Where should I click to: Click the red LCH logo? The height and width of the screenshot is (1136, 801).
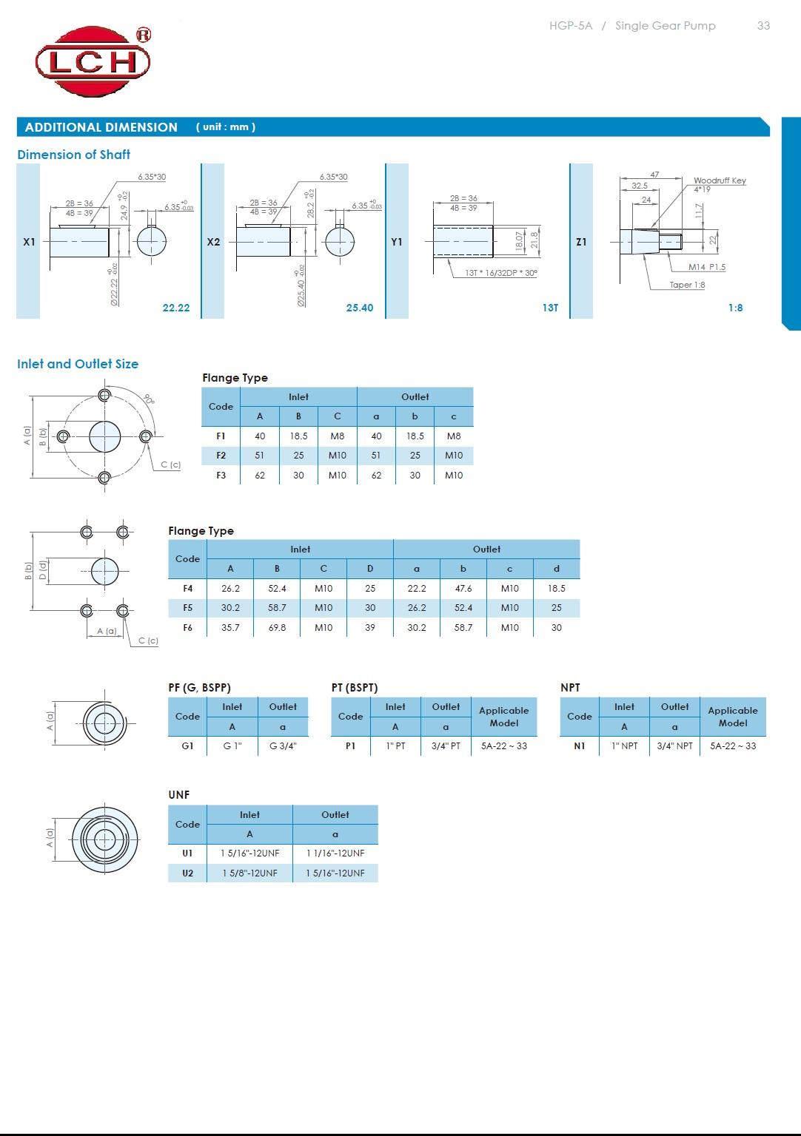click(x=93, y=61)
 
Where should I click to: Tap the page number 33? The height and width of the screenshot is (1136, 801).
click(x=763, y=26)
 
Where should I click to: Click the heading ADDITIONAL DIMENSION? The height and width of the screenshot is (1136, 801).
click(x=101, y=127)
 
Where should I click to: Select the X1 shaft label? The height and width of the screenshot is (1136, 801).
click(x=29, y=242)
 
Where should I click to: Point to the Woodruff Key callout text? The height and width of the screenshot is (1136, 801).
click(x=719, y=180)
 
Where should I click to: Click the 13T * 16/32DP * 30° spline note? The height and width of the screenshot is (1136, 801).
click(x=500, y=273)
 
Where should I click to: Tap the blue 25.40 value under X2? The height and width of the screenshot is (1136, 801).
click(x=360, y=308)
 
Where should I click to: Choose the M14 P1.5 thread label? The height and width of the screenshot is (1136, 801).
click(x=706, y=267)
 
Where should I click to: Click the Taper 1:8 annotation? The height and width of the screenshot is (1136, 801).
click(x=687, y=285)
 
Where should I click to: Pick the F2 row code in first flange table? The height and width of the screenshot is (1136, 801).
click(x=221, y=456)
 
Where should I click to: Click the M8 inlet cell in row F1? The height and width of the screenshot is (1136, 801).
click(x=337, y=436)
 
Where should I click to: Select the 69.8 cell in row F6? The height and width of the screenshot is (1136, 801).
click(x=277, y=628)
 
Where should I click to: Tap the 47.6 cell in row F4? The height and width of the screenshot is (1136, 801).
click(x=463, y=589)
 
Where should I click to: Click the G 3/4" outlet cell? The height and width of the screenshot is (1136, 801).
click(x=283, y=746)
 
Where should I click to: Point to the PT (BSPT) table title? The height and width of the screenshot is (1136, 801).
click(x=355, y=688)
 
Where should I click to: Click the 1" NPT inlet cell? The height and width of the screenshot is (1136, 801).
click(x=624, y=746)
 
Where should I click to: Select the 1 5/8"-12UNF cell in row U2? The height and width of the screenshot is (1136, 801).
click(x=250, y=873)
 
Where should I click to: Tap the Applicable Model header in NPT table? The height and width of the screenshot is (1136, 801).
click(x=732, y=717)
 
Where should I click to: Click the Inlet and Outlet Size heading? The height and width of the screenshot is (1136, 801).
click(x=78, y=364)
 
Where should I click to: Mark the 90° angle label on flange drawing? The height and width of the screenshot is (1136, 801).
click(x=150, y=399)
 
